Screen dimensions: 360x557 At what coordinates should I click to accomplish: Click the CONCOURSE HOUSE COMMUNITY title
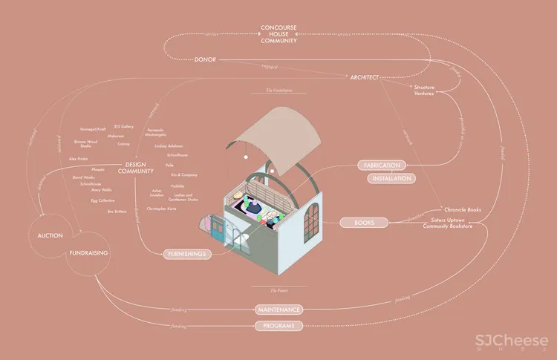(278, 34)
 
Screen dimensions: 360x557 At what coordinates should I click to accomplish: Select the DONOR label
(205, 59)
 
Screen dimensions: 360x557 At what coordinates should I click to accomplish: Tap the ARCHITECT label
(364, 76)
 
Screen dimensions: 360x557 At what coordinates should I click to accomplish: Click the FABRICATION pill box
(382, 165)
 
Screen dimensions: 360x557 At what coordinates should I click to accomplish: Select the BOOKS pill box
(365, 222)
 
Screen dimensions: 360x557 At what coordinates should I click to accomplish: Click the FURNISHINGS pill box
(186, 254)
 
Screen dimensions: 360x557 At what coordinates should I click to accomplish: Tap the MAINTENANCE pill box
(278, 309)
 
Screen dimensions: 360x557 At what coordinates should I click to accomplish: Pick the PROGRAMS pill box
(278, 326)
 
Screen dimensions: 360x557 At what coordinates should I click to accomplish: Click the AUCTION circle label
(51, 235)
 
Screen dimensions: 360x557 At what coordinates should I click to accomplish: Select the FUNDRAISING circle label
(89, 253)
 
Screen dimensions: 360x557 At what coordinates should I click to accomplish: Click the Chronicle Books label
(462, 210)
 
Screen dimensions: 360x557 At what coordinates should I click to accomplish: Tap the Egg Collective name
(104, 200)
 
